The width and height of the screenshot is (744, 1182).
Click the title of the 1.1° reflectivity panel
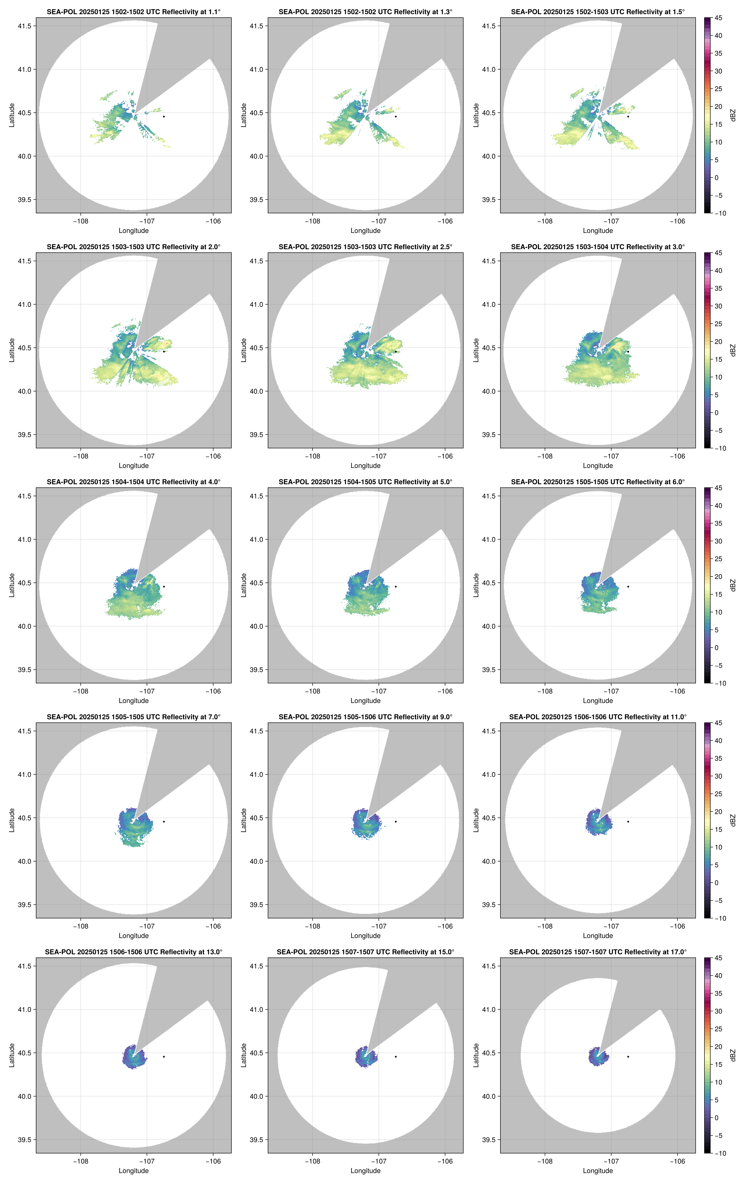[134, 12]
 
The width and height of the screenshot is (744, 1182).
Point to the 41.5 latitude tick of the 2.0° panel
[24, 261]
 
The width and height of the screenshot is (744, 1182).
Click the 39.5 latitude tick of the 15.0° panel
[257, 1140]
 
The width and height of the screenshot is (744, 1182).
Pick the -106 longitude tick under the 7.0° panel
[213, 926]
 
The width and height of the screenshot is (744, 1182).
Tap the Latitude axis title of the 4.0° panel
[12, 585]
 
